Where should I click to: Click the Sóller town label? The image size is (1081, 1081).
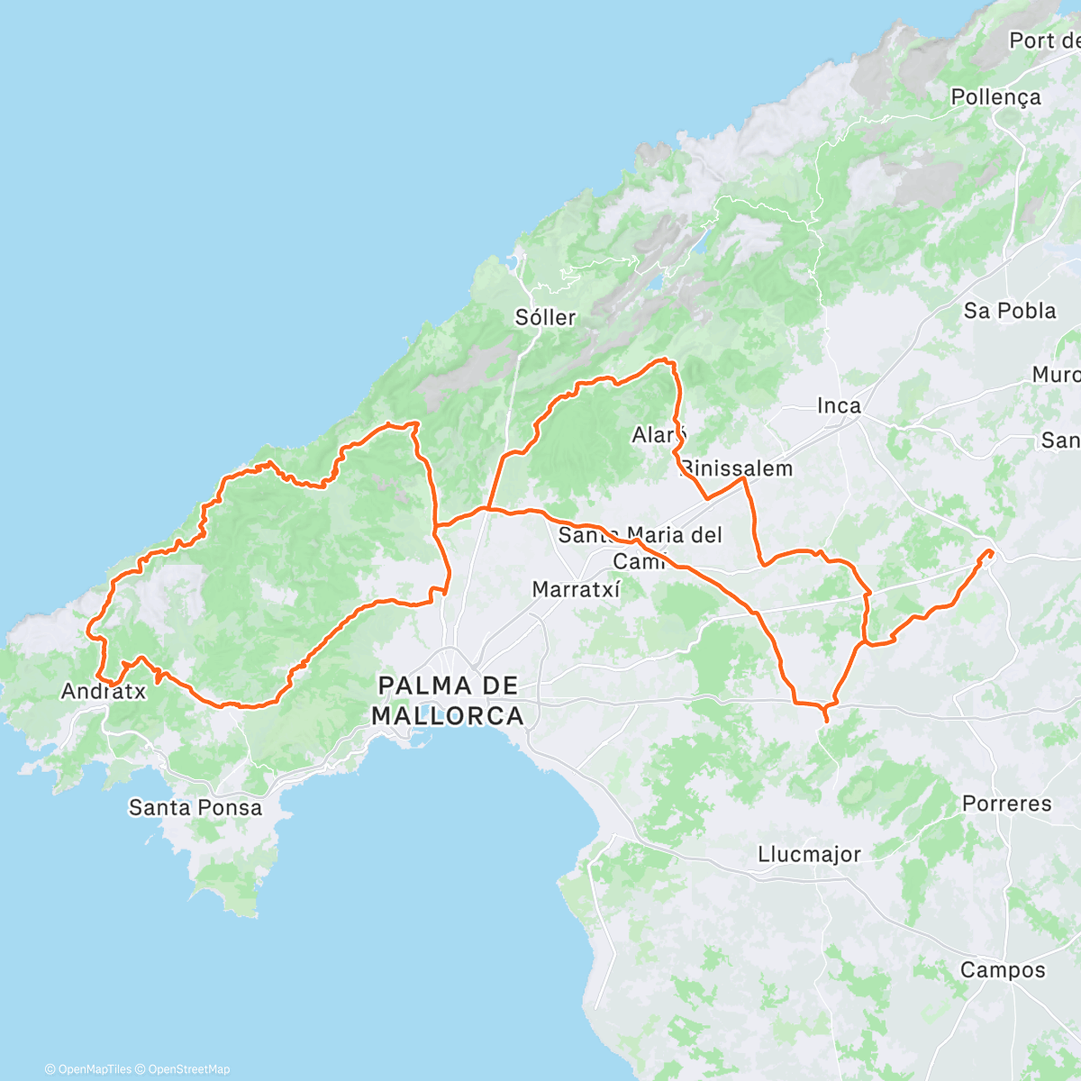click(545, 317)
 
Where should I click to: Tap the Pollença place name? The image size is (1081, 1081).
click(995, 97)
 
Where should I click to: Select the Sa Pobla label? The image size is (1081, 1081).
click(1010, 311)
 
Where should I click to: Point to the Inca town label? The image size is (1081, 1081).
click(839, 406)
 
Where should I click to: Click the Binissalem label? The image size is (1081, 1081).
click(737, 468)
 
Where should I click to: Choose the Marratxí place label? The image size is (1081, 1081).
click(577, 590)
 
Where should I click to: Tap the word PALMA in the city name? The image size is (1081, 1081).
click(448, 686)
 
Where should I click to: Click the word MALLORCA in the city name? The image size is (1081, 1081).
click(448, 716)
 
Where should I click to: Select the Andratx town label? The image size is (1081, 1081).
click(104, 692)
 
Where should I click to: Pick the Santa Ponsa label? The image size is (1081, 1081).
click(195, 807)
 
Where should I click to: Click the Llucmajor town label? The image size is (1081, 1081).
click(809, 854)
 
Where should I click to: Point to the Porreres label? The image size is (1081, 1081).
click(1006, 804)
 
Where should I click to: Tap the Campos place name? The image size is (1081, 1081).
click(1003, 970)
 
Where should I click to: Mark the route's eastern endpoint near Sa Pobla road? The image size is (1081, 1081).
click(990, 551)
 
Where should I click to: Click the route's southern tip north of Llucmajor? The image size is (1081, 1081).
click(827, 721)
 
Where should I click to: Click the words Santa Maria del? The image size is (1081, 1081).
click(640, 535)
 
